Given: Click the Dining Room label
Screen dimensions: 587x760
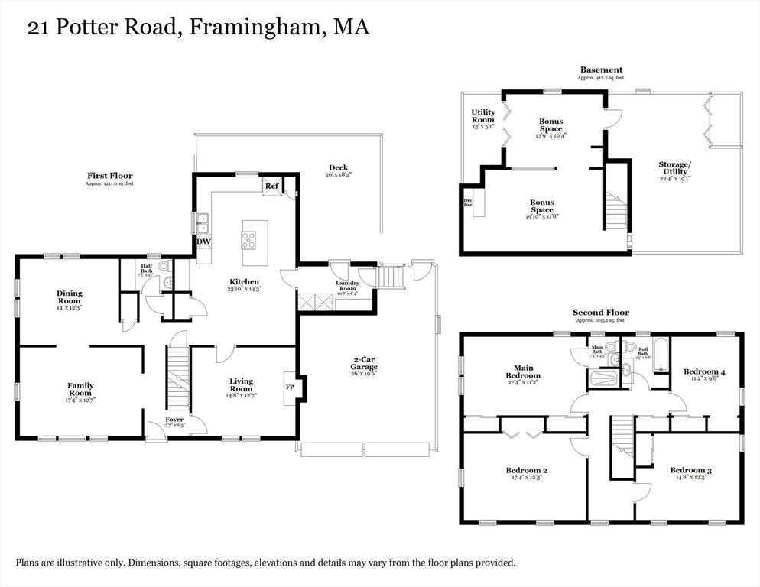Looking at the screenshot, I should pyautogui.click(x=70, y=297).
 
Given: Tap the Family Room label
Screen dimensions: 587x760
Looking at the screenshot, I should pyautogui.click(x=80, y=390).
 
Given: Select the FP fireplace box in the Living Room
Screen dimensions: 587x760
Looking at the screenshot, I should pyautogui.click(x=290, y=387).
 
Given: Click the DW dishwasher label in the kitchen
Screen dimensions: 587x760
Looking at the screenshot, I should pyautogui.click(x=203, y=242).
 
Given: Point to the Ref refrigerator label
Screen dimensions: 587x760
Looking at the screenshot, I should pyautogui.click(x=271, y=186).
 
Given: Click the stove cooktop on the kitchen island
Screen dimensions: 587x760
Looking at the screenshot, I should pyautogui.click(x=249, y=239).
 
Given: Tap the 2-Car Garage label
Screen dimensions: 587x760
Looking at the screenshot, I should pyautogui.click(x=365, y=363).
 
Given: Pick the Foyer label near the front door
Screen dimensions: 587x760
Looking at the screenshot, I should pyautogui.click(x=175, y=420).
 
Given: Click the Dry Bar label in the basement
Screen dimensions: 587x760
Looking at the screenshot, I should pyautogui.click(x=468, y=203).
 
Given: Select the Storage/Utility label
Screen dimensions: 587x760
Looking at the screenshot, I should pyautogui.click(x=675, y=168).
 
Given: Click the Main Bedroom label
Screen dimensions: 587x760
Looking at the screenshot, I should pyautogui.click(x=523, y=371).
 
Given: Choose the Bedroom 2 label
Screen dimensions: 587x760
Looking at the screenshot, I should pyautogui.click(x=526, y=471).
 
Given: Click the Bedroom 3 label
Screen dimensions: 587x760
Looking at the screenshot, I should pyautogui.click(x=690, y=471).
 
